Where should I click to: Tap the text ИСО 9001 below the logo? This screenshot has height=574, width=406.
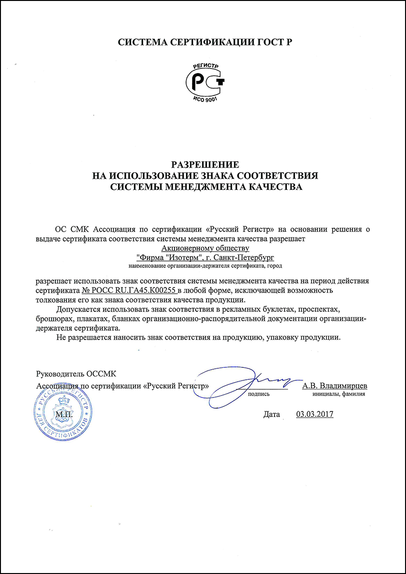point(204,99)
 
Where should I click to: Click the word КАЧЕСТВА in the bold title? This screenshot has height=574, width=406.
point(273,187)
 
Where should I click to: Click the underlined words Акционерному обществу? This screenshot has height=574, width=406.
point(206,248)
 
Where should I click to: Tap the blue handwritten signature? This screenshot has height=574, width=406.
point(249,380)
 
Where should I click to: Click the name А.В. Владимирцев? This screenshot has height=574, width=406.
point(334,385)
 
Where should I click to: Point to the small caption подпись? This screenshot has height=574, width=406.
point(259,395)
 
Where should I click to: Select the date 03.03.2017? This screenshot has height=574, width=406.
point(314,414)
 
